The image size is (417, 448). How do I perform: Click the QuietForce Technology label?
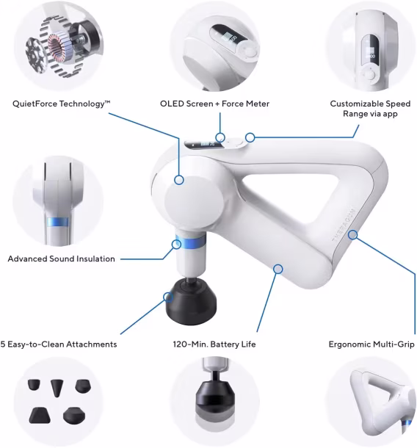(x=61, y=104)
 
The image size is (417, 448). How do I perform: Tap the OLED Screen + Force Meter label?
(x=214, y=104)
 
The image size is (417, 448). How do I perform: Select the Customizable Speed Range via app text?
(x=370, y=109)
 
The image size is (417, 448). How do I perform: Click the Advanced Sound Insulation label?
(x=62, y=259)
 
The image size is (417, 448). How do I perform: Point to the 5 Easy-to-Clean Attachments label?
(x=59, y=344)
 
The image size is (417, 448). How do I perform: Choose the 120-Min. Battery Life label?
(x=214, y=344)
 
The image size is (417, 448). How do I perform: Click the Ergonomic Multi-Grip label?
(x=371, y=344)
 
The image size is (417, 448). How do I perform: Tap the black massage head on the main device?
(x=192, y=301)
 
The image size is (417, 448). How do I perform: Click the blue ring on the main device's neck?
(x=190, y=242)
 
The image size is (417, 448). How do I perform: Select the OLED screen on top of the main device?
(x=203, y=144)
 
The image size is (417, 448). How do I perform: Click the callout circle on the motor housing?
(x=179, y=180)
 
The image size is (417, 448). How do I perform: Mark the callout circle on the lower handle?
(x=278, y=269)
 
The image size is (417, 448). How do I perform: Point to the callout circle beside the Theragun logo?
(x=353, y=235)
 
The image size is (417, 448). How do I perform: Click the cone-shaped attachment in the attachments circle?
(x=57, y=388)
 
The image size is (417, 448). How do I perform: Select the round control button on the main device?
(x=234, y=143)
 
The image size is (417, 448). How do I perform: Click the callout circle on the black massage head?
(x=168, y=297)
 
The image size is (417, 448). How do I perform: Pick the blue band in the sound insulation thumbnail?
(x=58, y=222)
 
